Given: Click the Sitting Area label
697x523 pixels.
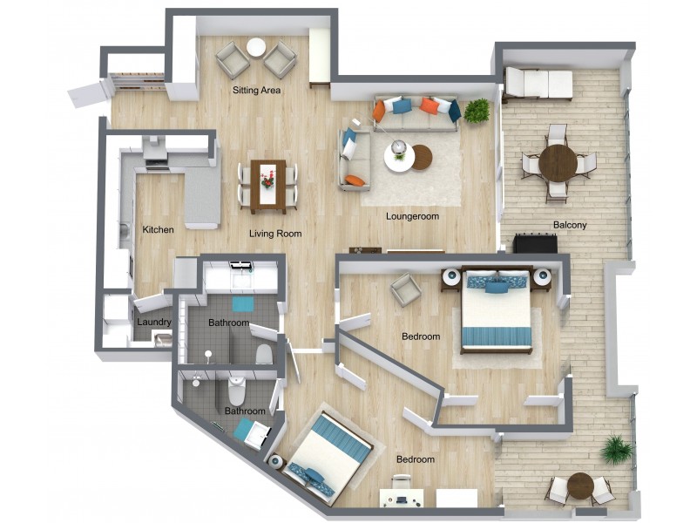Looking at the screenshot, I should point(256,90).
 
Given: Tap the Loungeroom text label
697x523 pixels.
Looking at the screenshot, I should point(412,216).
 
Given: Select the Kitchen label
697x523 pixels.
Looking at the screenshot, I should point(158,230).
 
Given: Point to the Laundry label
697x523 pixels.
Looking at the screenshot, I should point(154,322).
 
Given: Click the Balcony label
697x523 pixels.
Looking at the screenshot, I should point(570,226).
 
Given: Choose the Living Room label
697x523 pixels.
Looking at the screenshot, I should point(275,234).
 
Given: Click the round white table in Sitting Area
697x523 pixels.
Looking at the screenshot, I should point(256,49).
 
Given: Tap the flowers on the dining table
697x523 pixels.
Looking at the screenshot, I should point(267,179).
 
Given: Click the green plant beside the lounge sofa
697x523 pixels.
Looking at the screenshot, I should point(477,111).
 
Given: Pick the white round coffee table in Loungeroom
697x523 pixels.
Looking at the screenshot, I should point(399,157).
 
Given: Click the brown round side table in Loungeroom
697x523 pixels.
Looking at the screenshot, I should point(421,157).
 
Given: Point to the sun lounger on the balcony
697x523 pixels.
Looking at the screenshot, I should point(538,84).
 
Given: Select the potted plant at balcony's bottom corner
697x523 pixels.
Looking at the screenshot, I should point(618,450).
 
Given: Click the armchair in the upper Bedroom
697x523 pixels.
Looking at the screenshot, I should point(405,289).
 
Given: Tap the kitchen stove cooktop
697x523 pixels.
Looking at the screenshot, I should point(154,154).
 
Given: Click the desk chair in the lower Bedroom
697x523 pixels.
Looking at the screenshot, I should point(401,483).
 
